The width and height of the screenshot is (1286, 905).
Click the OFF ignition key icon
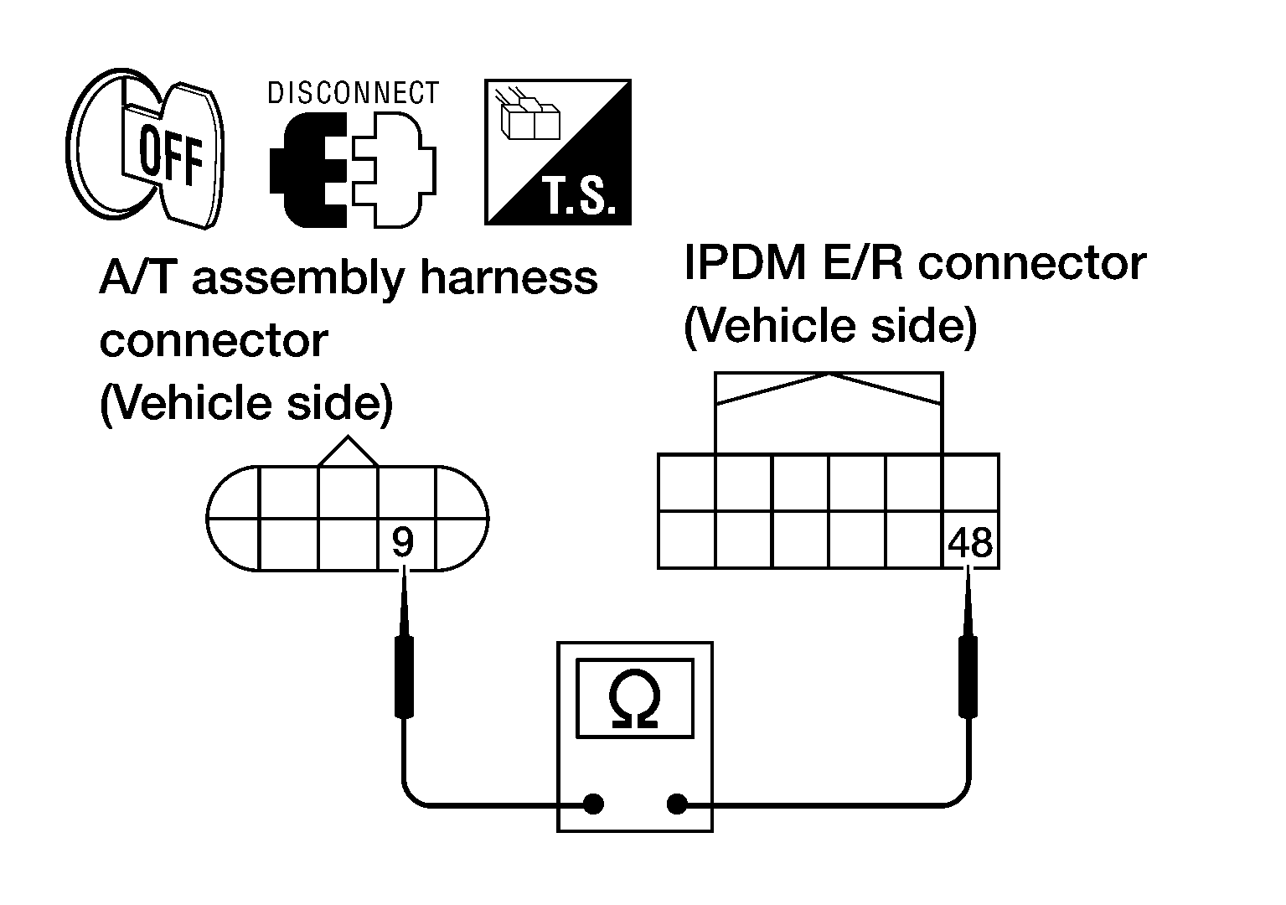(x=145, y=148)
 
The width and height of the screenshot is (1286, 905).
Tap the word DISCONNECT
(x=353, y=93)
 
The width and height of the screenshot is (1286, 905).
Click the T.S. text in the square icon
(x=579, y=196)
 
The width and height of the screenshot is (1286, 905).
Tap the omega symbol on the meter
(x=634, y=699)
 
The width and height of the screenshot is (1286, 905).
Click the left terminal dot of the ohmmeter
(x=593, y=804)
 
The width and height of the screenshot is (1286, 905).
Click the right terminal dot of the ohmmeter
(x=677, y=804)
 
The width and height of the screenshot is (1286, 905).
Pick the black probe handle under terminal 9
(x=404, y=676)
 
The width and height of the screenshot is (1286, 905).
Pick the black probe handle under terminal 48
(x=968, y=676)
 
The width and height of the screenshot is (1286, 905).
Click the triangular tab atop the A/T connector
(x=348, y=452)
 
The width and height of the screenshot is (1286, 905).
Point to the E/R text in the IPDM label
(x=863, y=264)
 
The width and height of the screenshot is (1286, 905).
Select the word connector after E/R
(x=1031, y=265)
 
